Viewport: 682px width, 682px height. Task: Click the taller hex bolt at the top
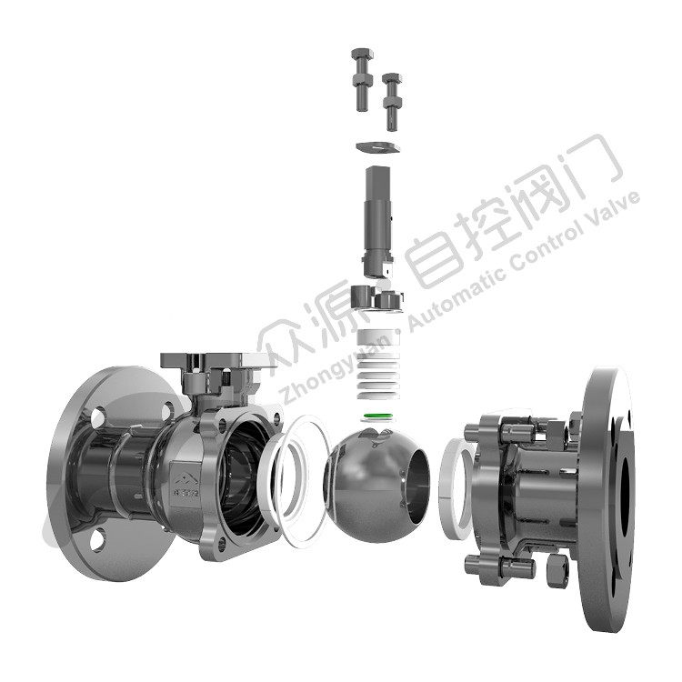pos(361,79)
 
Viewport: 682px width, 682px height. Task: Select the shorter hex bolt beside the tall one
pos(392,102)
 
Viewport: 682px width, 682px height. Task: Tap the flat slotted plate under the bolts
pos(377,146)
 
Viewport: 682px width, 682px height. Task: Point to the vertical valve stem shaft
pos(377,221)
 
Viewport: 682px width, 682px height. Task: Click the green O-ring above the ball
pos(378,416)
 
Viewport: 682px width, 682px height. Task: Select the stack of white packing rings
pos(378,365)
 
